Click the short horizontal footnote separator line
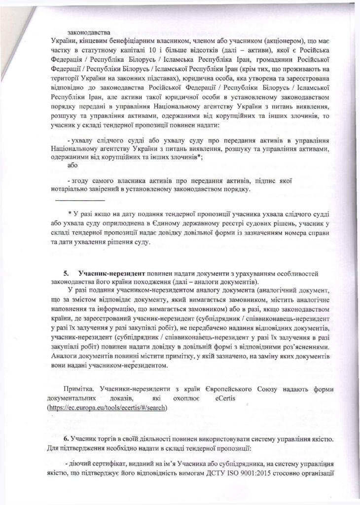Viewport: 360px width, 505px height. [x=79, y=201]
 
